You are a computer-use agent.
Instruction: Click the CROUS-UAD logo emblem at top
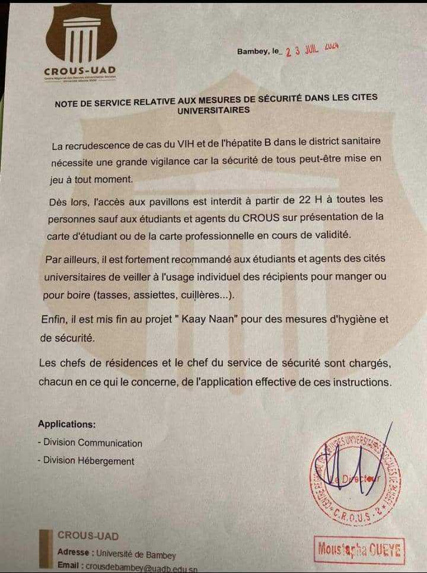[80, 37]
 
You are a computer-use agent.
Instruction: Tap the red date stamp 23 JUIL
[311, 50]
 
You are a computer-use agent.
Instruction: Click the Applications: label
[66, 424]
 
